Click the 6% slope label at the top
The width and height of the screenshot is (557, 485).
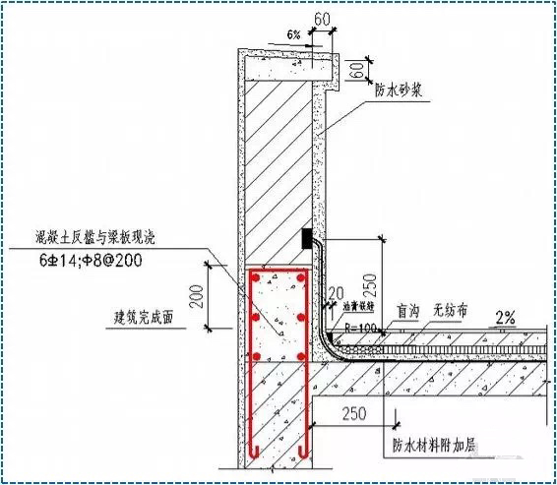[294, 34]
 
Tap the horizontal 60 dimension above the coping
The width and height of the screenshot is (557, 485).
[321, 20]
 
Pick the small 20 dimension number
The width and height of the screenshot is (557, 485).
[338, 292]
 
